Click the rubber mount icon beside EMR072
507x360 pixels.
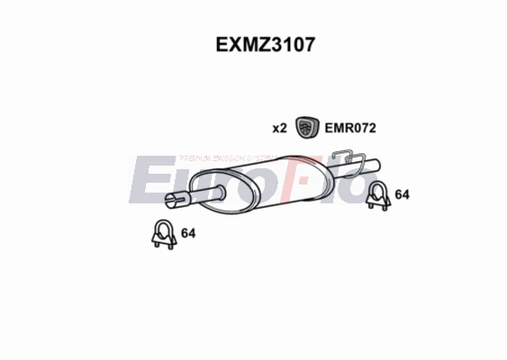(x=307, y=128)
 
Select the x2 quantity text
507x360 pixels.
(x=279, y=129)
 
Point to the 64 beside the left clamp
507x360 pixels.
(x=188, y=234)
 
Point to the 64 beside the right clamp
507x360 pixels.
(x=403, y=194)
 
